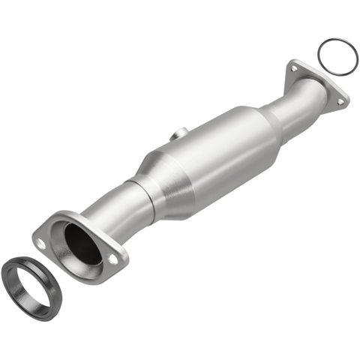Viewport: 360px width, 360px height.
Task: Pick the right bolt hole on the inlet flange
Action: pos(113,258)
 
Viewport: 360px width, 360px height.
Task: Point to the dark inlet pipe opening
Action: pos(82,242)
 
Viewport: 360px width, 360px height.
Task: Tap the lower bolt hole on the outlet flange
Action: pos(341,99)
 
